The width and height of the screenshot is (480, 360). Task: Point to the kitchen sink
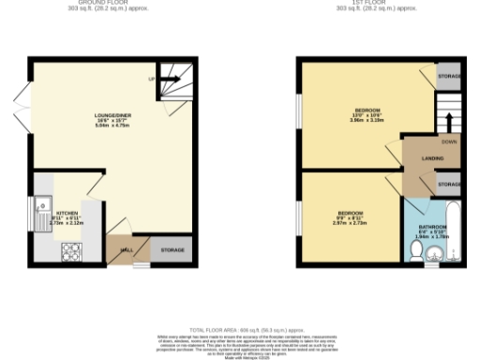tap(42, 205)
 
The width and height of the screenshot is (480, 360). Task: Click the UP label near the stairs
tap(152, 78)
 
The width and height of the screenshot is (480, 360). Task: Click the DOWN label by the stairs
tap(449, 142)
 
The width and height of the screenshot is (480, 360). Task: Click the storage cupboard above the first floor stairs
tap(449, 76)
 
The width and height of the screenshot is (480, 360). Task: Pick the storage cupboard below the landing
tap(448, 183)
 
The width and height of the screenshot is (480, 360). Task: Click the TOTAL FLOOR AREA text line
tap(239, 331)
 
